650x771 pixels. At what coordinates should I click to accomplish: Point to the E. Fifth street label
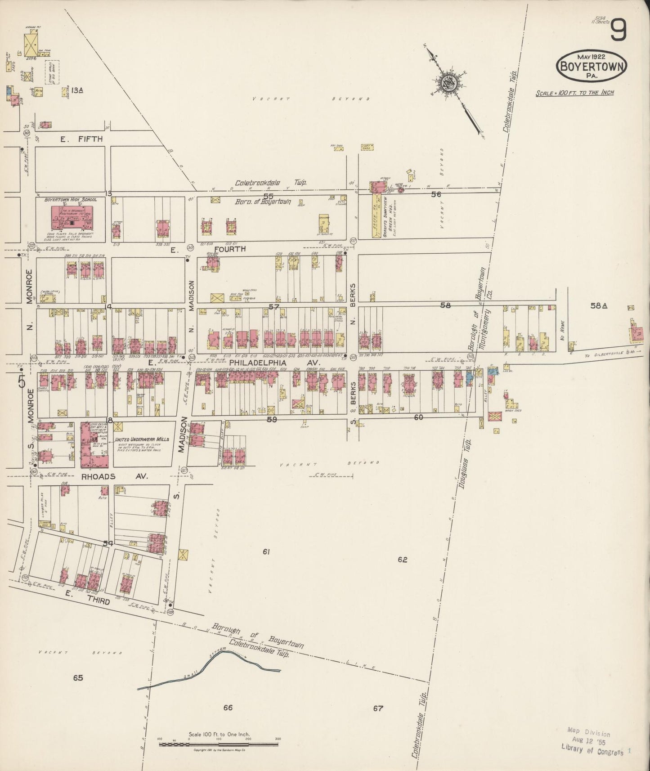82,139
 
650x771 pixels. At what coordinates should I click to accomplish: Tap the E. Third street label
88,597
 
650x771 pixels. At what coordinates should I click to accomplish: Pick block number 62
402,560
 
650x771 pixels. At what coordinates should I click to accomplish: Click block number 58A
599,306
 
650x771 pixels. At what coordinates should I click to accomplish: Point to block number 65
78,677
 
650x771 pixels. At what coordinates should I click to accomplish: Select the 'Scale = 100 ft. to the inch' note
574,93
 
